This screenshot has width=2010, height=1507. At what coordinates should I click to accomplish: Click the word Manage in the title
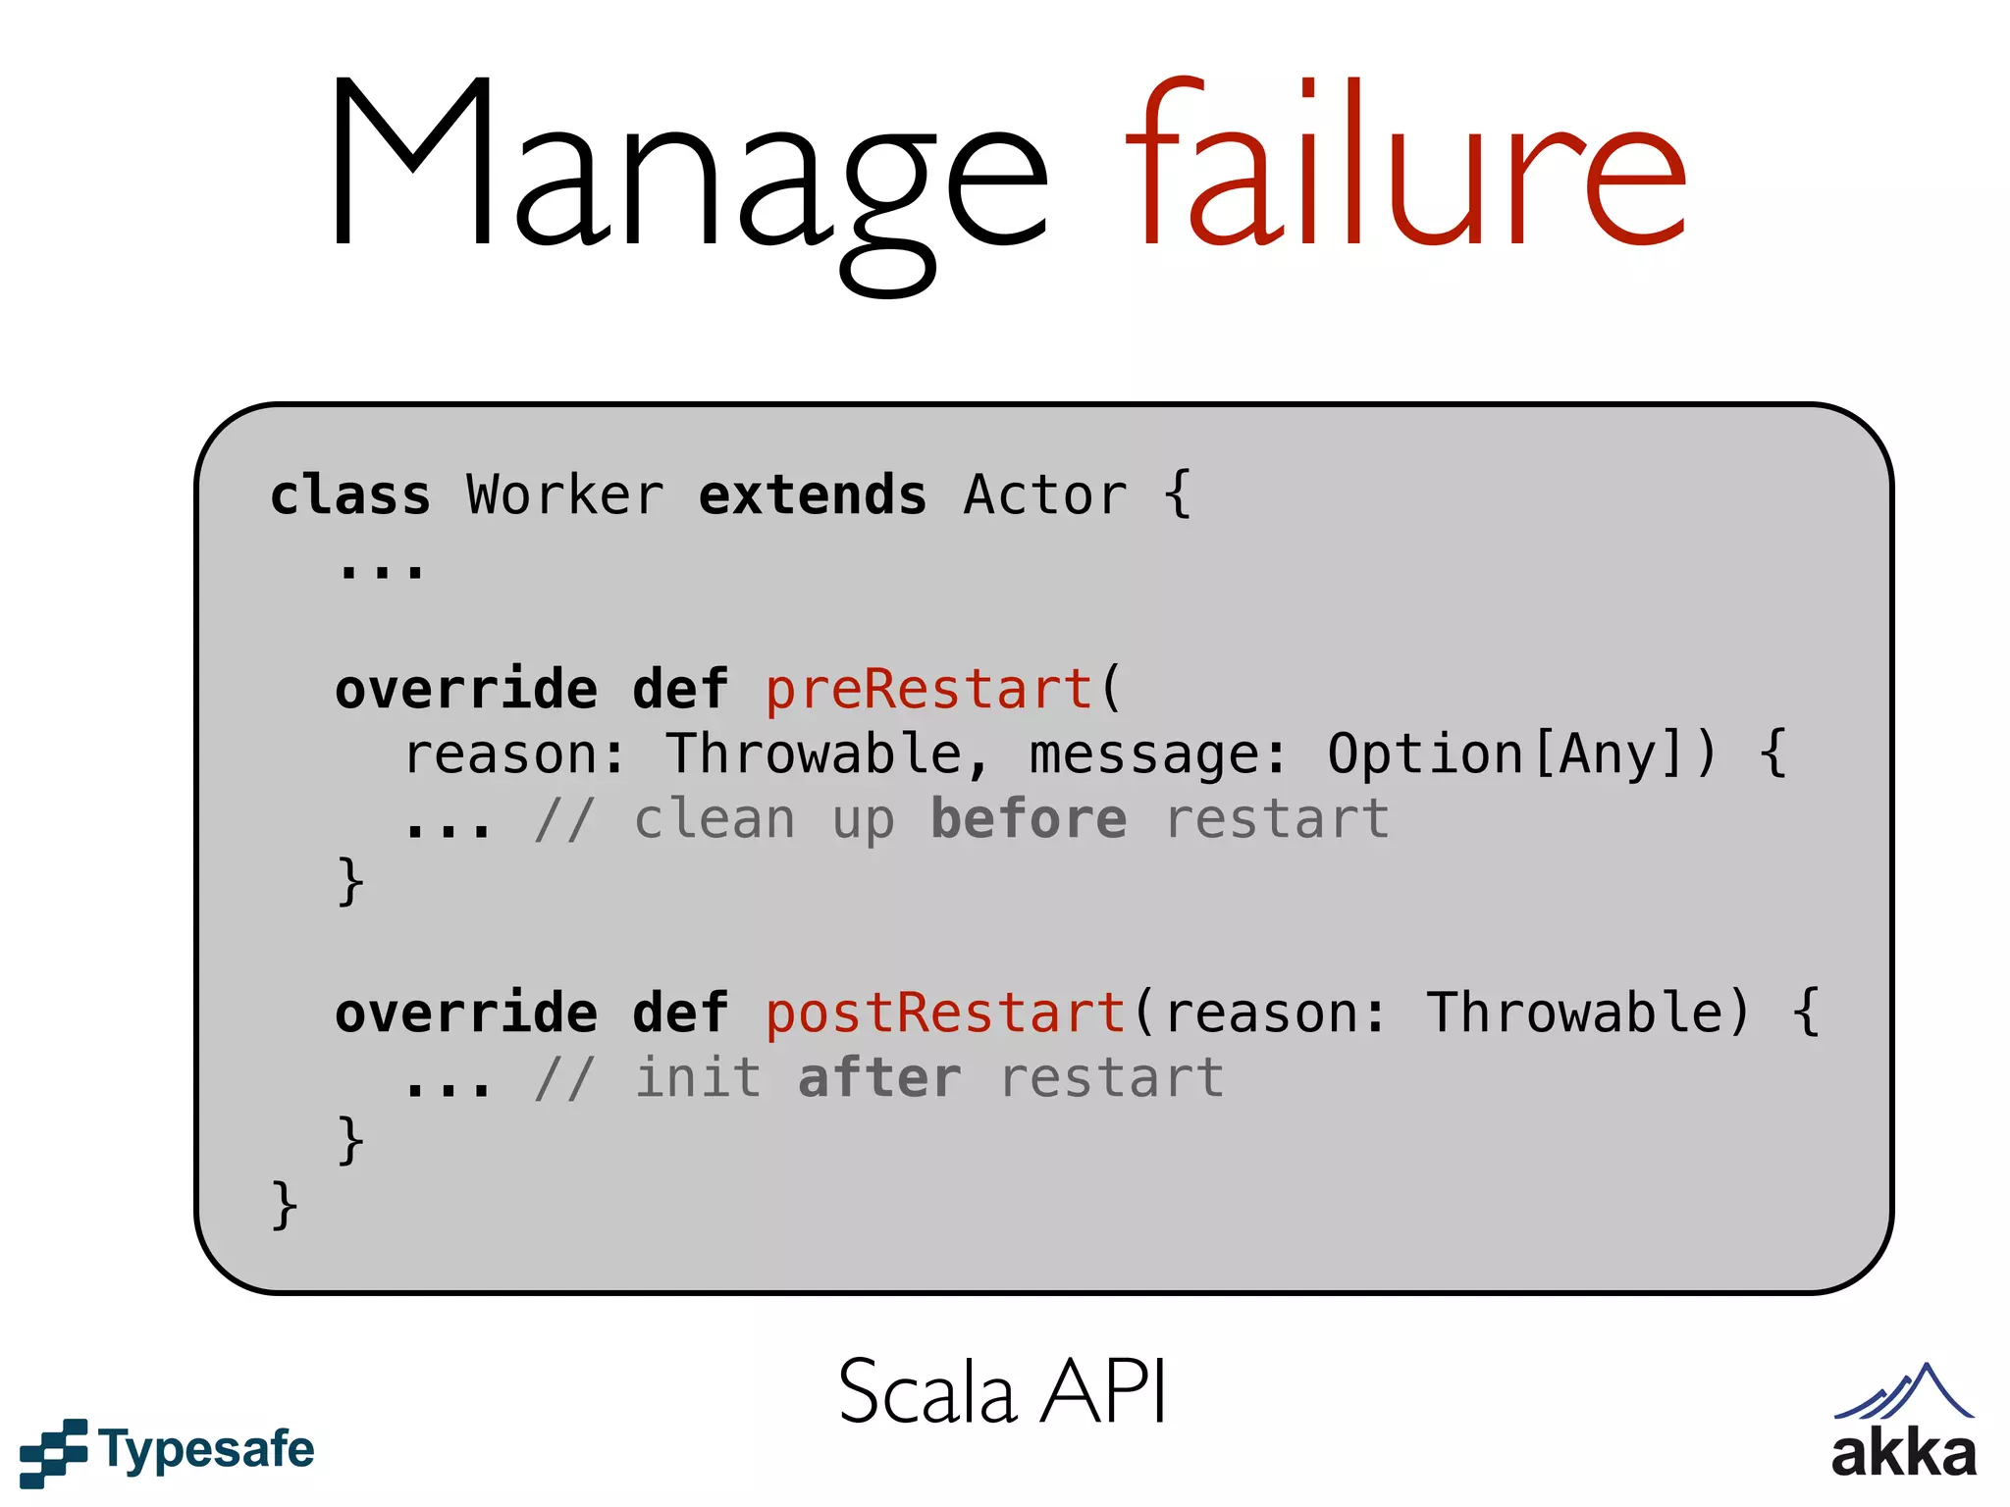pyautogui.click(x=687, y=167)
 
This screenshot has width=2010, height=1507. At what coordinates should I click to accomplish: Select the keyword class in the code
pyautogui.click(x=350, y=495)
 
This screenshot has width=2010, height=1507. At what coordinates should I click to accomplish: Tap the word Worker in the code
pyautogui.click(x=565, y=495)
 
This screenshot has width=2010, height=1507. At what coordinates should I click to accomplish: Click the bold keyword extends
pyautogui.click(x=812, y=495)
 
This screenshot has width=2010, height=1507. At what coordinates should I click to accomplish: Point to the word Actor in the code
pyautogui.click(x=1045, y=495)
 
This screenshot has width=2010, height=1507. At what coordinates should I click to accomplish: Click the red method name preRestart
pyautogui.click(x=928, y=689)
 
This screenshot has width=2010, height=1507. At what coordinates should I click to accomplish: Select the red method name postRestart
pyautogui.click(x=944, y=1013)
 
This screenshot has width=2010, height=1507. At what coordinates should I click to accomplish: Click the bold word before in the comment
pyautogui.click(x=1028, y=819)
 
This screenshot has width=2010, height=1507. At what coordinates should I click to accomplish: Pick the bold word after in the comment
pyautogui.click(x=879, y=1078)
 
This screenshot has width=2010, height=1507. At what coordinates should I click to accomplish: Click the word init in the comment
pyautogui.click(x=698, y=1078)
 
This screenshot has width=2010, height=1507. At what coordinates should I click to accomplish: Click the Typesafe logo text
pyautogui.click(x=206, y=1450)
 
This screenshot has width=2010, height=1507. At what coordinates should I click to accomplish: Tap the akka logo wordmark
pyautogui.click(x=1904, y=1454)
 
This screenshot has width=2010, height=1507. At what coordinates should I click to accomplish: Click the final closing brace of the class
pyautogui.click(x=284, y=1205)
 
